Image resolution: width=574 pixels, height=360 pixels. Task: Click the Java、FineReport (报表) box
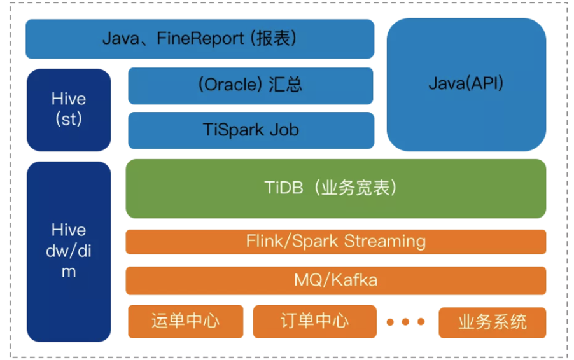200,39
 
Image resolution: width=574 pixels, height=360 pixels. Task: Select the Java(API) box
466,83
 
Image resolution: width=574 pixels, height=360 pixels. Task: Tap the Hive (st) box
69,109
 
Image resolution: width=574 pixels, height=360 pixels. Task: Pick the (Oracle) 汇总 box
251,85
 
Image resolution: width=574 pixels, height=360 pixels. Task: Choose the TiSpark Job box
251,130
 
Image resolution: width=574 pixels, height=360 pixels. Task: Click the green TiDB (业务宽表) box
335,188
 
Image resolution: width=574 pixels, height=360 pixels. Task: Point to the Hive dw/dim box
69,251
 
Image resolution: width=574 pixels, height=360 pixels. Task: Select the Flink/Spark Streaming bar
335,242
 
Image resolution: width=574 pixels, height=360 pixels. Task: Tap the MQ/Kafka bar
335,280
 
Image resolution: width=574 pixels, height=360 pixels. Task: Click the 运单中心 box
186,321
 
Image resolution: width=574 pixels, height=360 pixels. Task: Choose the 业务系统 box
492,322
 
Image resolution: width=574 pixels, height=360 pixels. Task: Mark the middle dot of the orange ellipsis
405,322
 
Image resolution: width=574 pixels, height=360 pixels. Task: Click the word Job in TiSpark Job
284,130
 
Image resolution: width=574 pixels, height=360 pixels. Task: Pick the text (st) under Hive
69,119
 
